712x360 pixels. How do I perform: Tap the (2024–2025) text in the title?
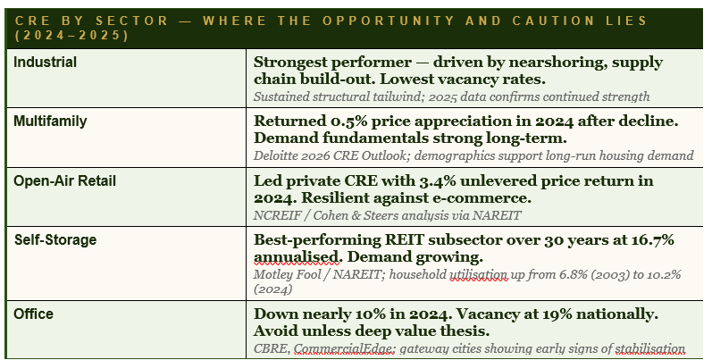coord(72,36)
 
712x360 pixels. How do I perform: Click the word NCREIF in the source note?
coord(278,215)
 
